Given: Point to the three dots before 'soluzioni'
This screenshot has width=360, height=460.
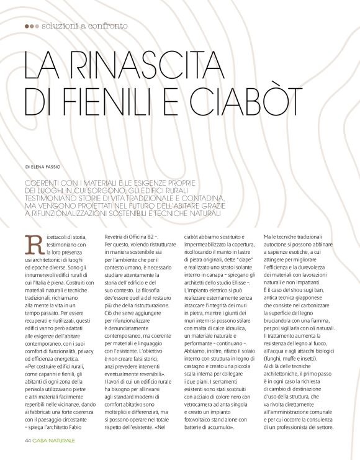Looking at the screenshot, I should pyautogui.click(x=32, y=26).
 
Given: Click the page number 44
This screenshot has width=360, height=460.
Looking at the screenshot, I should pyautogui.click(x=27, y=441).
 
